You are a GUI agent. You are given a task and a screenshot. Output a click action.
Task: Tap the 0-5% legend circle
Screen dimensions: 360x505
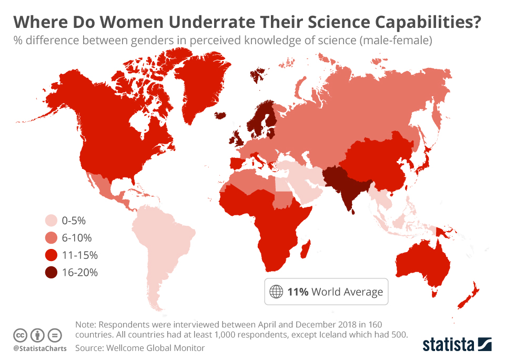click(51, 220)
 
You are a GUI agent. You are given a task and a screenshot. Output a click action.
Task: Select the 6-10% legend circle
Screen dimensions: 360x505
click(51, 237)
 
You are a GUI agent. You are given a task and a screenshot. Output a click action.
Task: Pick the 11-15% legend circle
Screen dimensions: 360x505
click(51, 255)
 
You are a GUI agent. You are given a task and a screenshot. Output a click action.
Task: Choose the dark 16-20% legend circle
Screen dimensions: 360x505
click(51, 273)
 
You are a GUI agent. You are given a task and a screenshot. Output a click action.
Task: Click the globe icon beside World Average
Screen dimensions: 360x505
click(276, 292)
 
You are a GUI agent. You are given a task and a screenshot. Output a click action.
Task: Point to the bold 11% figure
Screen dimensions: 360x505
click(298, 292)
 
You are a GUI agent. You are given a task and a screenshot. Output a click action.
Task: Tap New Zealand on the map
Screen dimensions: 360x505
click(468, 297)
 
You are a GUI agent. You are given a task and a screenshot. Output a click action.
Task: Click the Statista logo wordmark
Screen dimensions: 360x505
click(447, 345)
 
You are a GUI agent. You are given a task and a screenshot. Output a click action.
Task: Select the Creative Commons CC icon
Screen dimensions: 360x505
click(20, 335)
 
